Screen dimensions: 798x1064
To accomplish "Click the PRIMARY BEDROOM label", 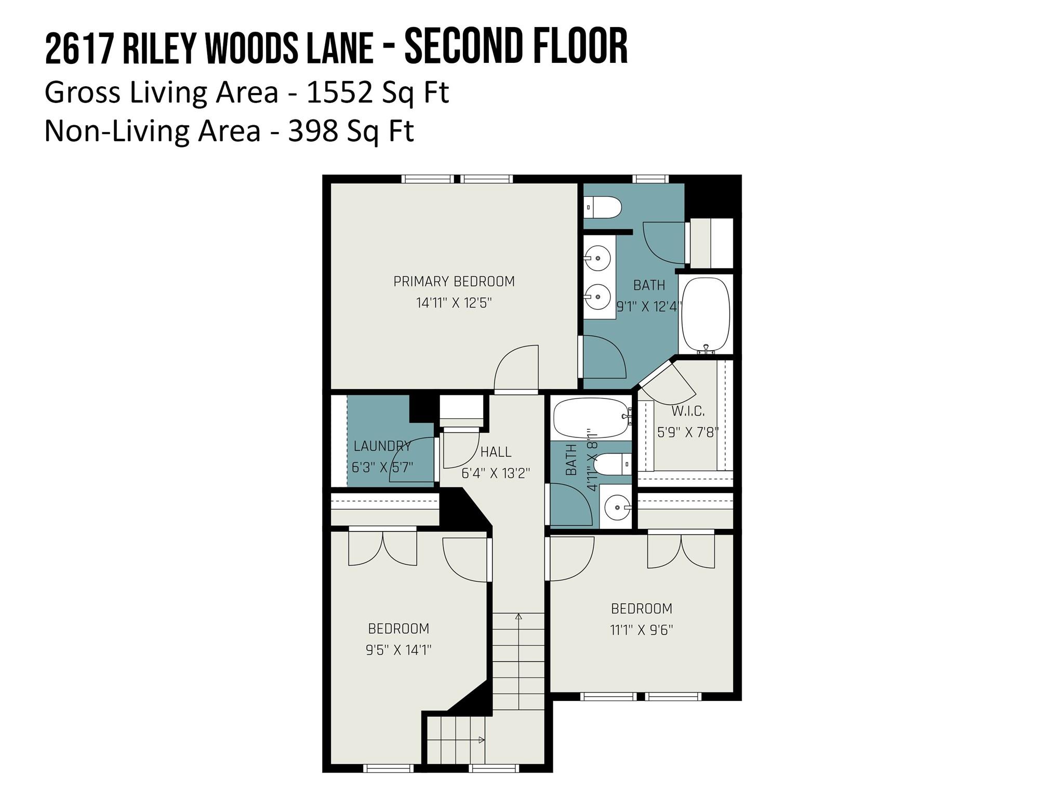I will (x=454, y=282).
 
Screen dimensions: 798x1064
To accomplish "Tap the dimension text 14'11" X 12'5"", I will (x=454, y=303).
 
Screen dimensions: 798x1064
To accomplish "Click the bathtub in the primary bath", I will (x=705, y=313).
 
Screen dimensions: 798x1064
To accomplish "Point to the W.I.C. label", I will (x=688, y=411).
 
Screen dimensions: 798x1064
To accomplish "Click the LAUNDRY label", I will (x=382, y=446).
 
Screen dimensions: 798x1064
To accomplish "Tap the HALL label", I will (x=496, y=452).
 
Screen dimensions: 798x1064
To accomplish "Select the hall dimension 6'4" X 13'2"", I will (x=496, y=473).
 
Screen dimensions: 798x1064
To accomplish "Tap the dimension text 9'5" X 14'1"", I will (x=398, y=650).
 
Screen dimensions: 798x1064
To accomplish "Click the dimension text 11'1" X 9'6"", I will (x=641, y=630).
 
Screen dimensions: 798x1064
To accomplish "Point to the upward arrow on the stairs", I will (x=518, y=617).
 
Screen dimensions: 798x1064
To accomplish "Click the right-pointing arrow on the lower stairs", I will (x=482, y=740).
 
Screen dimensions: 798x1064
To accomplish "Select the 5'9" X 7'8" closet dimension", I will (x=688, y=432).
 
